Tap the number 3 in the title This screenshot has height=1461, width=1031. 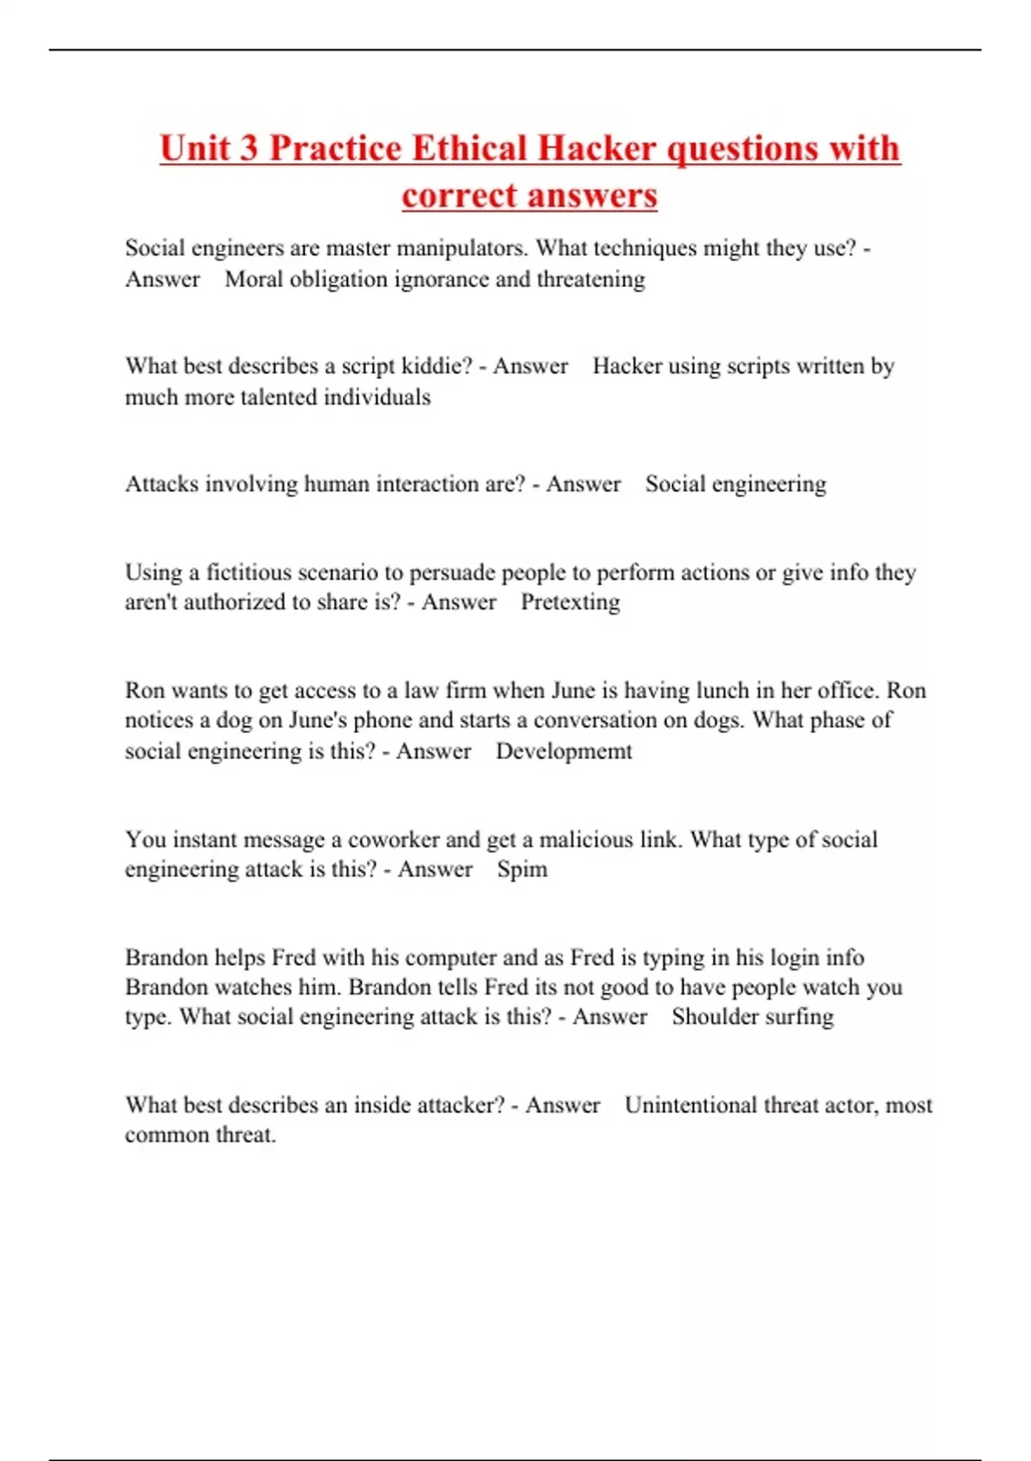pos(248,149)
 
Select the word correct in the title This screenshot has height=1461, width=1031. pos(455,196)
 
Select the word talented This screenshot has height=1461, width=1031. pos(278,397)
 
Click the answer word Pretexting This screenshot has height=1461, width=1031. pos(570,602)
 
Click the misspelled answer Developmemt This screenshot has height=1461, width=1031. pos(564,751)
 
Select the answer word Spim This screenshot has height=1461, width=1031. pos(522,869)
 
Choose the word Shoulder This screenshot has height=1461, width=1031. pos(710,1017)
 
